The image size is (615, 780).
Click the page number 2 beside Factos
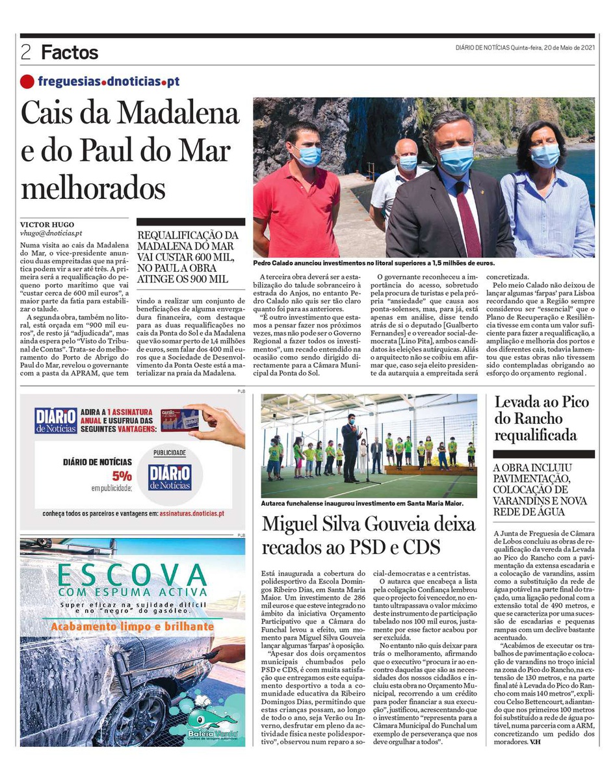click(x=26, y=53)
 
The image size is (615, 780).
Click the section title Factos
click(x=70, y=53)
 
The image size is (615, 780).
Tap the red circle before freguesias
click(x=27, y=82)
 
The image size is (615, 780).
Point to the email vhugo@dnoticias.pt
click(x=51, y=233)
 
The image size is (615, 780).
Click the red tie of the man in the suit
click(x=467, y=218)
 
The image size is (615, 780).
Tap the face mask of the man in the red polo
click(x=308, y=156)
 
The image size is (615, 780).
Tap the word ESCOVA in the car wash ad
click(x=132, y=575)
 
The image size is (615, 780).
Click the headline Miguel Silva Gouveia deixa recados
click(x=369, y=535)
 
